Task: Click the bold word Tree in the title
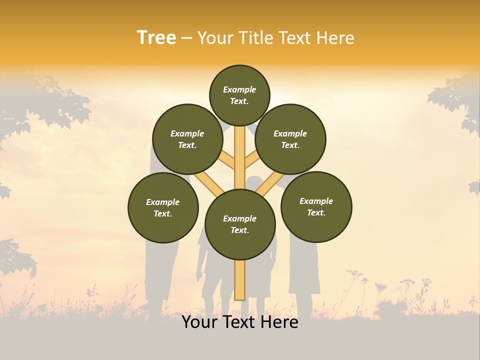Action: (x=156, y=38)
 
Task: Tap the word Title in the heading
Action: (x=253, y=38)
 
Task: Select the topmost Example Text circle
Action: (x=239, y=95)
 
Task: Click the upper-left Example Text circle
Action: (x=187, y=139)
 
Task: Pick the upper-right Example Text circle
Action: (x=290, y=139)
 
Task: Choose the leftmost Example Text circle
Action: (x=163, y=207)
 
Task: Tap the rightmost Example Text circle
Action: (x=316, y=206)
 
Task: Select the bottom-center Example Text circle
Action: (x=240, y=224)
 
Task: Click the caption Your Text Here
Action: (x=240, y=322)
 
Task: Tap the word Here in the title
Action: (x=335, y=38)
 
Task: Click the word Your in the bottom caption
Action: (x=198, y=322)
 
